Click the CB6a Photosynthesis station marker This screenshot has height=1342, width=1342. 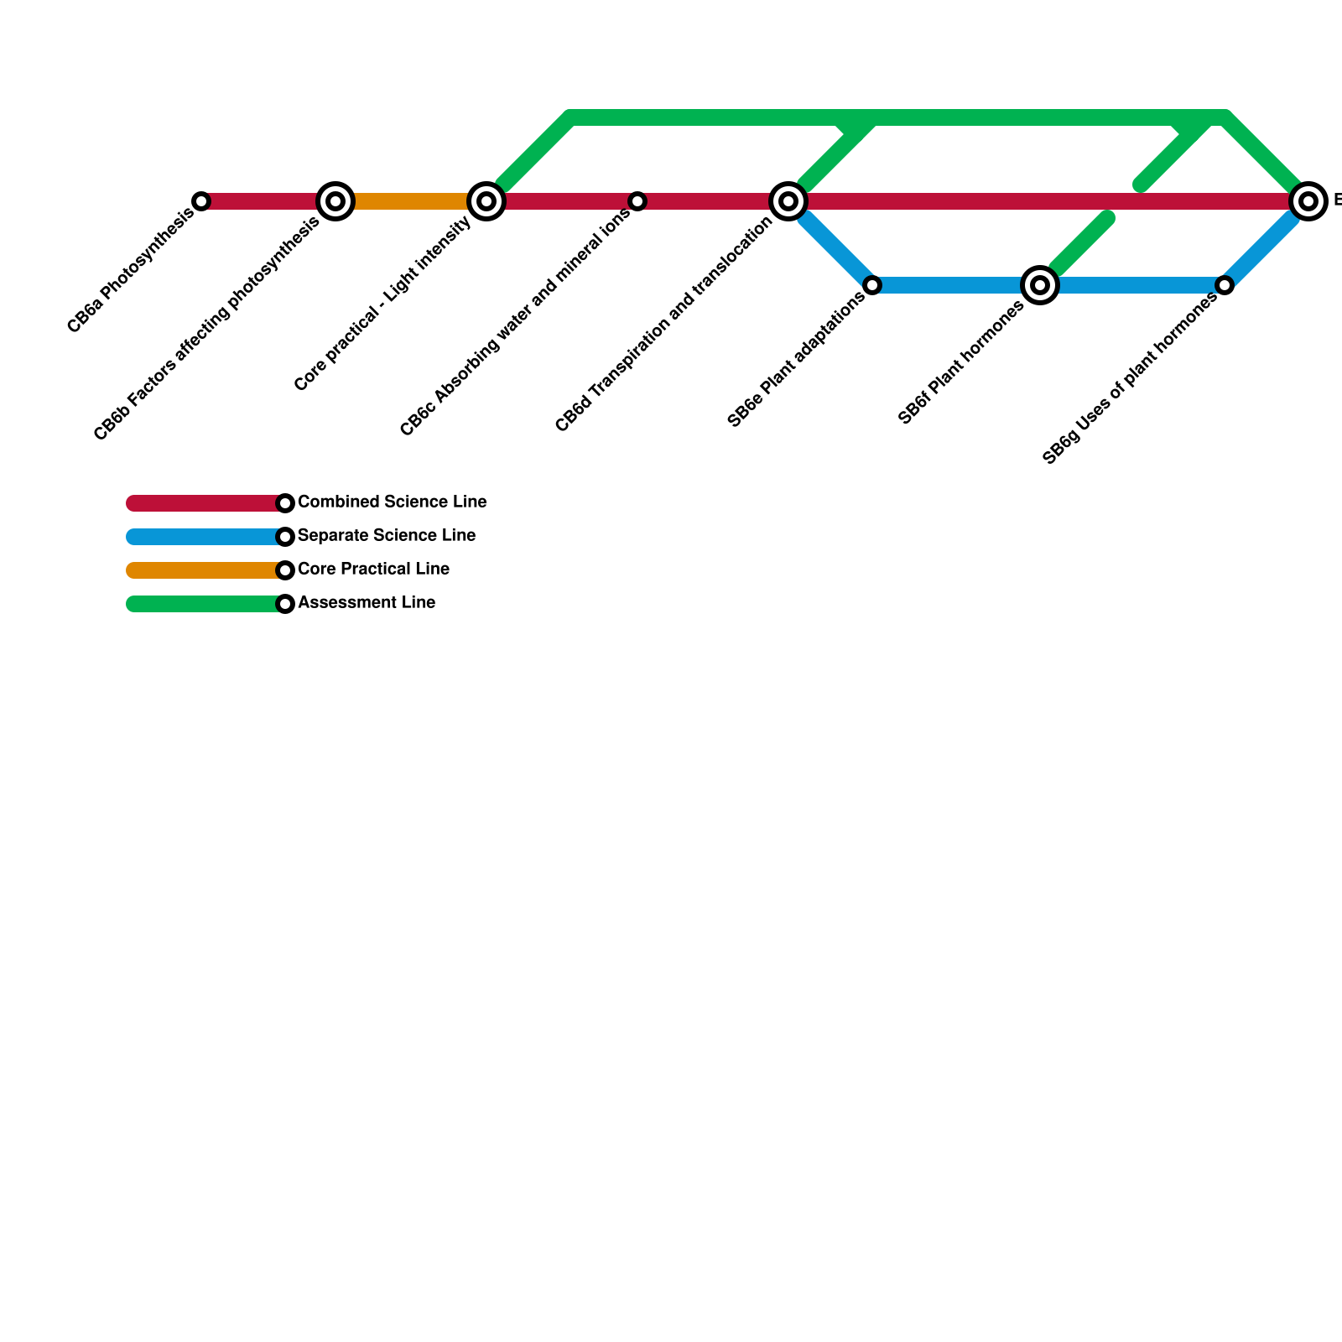click(201, 201)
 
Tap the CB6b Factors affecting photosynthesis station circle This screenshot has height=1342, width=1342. click(335, 201)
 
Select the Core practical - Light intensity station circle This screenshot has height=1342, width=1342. click(486, 201)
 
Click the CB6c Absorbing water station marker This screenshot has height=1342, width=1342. click(637, 201)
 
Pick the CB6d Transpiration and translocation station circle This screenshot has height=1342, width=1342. click(788, 201)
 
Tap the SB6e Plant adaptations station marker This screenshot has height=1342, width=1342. click(872, 285)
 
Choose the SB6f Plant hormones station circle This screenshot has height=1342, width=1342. click(1040, 285)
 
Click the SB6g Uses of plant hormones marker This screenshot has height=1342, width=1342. click(1225, 285)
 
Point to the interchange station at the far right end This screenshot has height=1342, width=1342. click(1308, 201)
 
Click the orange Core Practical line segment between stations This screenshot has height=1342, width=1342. click(411, 201)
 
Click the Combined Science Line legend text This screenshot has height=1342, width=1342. click(392, 502)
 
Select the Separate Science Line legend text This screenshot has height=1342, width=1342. click(387, 536)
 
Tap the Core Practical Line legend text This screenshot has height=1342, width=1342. click(373, 570)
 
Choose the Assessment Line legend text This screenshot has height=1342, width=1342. click(367, 603)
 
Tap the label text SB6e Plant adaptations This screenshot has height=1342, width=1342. click(797, 359)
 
